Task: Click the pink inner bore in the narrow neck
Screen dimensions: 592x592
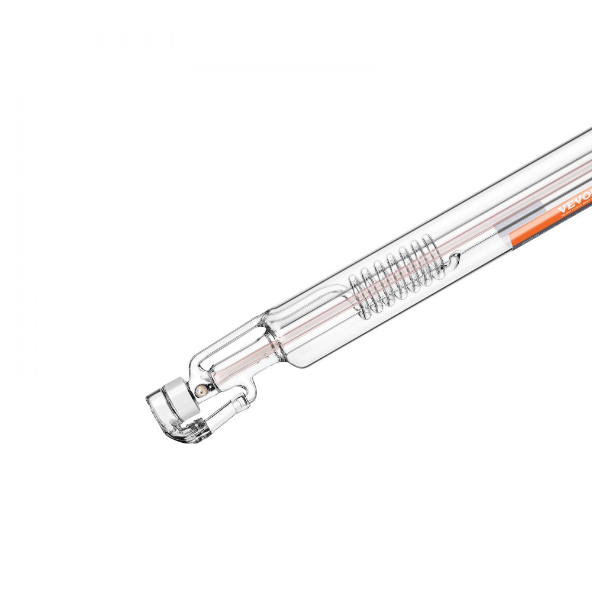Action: pyautogui.click(x=237, y=367)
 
